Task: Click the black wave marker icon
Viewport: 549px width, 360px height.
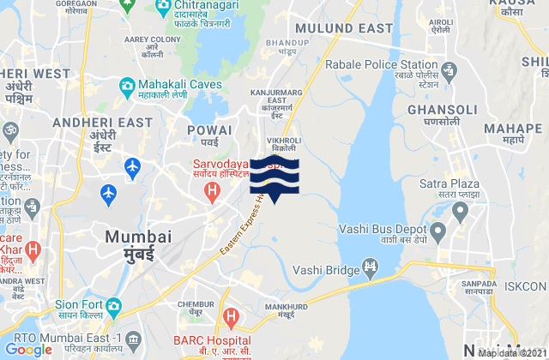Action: coord(274,177)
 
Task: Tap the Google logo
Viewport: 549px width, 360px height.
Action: coord(28,349)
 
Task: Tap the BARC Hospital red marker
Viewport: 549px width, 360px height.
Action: coord(231,316)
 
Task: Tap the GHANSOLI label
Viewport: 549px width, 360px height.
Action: coord(437,111)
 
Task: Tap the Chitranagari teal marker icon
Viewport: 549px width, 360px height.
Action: coord(162,9)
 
